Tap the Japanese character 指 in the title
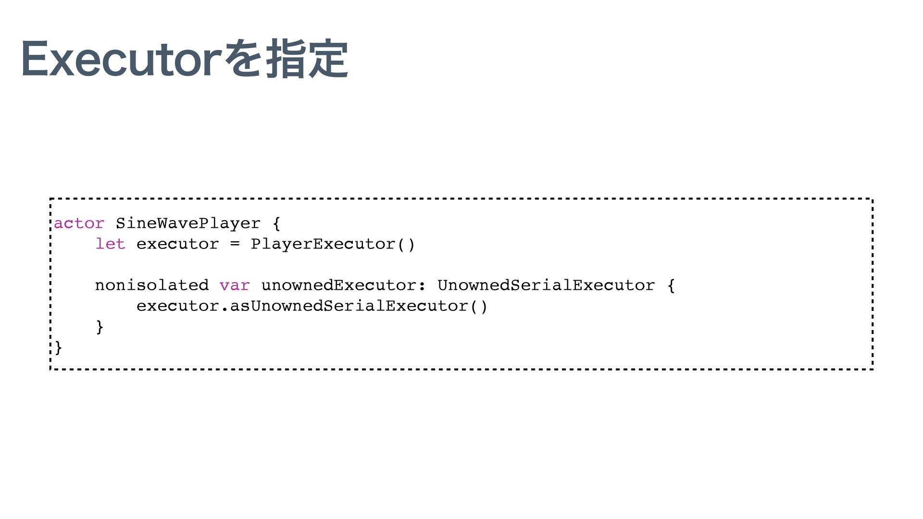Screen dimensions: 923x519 click(287, 60)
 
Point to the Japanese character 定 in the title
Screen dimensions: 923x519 click(328, 60)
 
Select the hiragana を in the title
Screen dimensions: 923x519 click(247, 60)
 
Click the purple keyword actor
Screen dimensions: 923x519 click(79, 223)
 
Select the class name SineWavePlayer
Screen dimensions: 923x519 click(188, 223)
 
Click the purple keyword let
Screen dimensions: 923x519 click(110, 244)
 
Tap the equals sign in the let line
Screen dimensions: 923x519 click(235, 244)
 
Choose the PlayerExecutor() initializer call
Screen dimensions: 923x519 click(333, 244)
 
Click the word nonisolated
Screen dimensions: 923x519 click(152, 285)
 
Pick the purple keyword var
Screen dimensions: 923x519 click(235, 285)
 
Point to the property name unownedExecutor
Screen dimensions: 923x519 click(339, 285)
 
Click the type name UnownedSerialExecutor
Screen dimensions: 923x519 click(546, 285)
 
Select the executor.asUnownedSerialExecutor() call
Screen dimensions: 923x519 click(312, 306)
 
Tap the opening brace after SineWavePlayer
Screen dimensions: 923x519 click(276, 223)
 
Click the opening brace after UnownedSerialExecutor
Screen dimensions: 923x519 click(671, 285)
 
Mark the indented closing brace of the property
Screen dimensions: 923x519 click(100, 327)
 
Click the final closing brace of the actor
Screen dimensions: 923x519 click(58, 347)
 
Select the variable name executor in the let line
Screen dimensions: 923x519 click(177, 244)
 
